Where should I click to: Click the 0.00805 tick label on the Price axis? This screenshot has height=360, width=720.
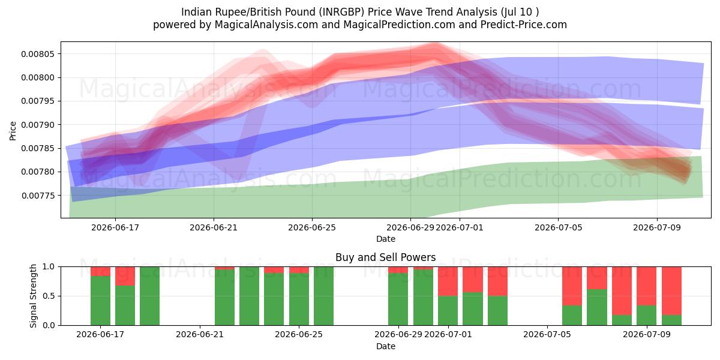[38, 54]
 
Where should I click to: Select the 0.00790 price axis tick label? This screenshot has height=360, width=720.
[38, 125]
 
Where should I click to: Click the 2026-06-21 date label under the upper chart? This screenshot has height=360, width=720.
[214, 227]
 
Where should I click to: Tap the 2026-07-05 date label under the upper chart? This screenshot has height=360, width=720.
[559, 227]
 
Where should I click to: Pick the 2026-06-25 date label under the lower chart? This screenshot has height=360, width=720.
[299, 334]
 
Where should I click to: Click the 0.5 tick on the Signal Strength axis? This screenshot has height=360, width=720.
[49, 296]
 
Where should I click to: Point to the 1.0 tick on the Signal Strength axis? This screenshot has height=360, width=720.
[49, 267]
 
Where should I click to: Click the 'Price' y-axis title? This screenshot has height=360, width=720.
[13, 131]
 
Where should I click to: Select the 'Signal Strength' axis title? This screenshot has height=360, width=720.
[33, 296]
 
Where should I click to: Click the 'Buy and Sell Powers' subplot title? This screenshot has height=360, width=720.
[386, 257]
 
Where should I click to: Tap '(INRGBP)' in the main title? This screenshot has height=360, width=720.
[341, 12]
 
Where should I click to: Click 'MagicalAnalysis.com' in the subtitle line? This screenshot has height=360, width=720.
[266, 25]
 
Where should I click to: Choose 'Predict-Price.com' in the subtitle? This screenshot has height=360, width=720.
[524, 25]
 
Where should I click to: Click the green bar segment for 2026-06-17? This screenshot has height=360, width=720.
[100, 301]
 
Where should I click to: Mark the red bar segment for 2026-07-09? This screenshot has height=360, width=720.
[646, 286]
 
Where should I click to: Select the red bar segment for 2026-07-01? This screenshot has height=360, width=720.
[448, 281]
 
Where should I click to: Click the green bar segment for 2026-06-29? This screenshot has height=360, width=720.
[398, 299]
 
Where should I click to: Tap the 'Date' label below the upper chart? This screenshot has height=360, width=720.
[386, 239]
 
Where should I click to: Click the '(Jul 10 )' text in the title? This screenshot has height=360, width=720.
[520, 12]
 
